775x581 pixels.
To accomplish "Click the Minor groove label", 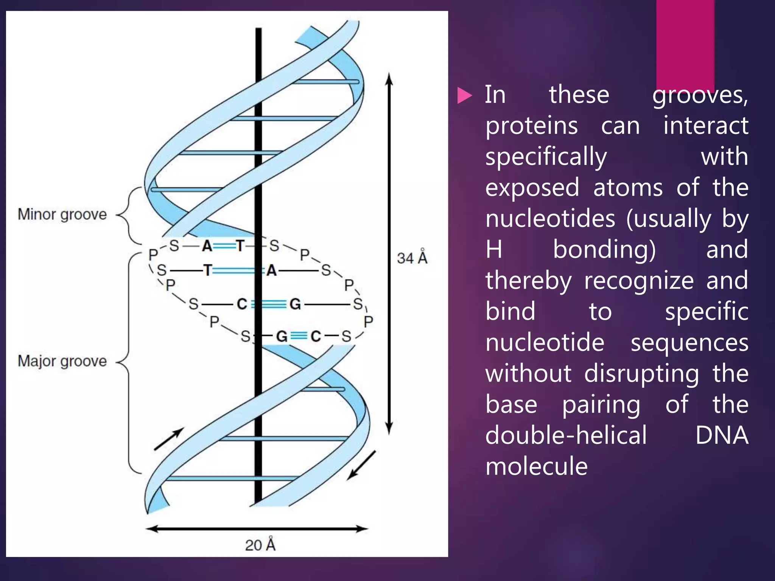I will [x=62, y=214].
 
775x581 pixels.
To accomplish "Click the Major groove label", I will [x=62, y=361].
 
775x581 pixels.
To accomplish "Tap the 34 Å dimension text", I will [x=412, y=258].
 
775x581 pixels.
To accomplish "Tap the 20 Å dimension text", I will [x=260, y=545].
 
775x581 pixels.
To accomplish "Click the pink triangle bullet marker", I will [x=464, y=95].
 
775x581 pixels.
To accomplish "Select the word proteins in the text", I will [x=532, y=126].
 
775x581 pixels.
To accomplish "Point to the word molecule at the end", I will [x=537, y=466].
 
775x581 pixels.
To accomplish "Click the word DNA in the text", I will [x=722, y=435].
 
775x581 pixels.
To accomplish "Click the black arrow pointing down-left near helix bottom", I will [x=361, y=465].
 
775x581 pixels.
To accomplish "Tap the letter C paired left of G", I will [x=242, y=304].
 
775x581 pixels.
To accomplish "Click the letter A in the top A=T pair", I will [x=207, y=246].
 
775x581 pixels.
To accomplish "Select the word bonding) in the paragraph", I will [x=604, y=250].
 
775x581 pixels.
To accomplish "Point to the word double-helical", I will [x=566, y=435].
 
